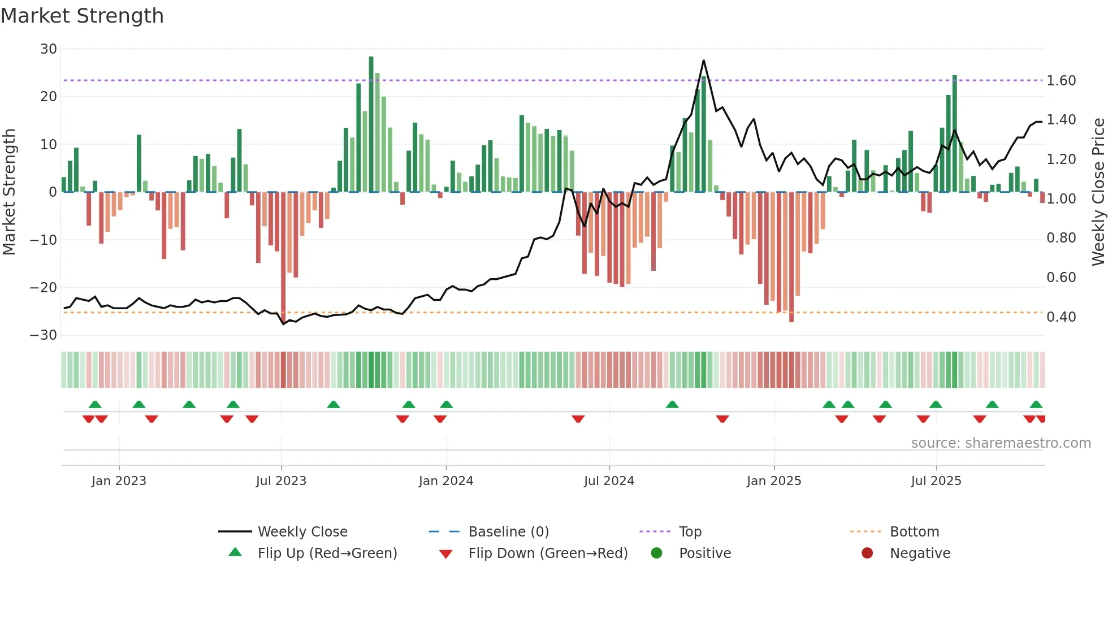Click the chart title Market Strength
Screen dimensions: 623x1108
pos(82,16)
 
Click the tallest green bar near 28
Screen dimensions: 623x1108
pos(371,124)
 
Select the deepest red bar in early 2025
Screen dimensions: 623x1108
pos(791,257)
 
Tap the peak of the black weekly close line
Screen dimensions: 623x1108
pos(703,60)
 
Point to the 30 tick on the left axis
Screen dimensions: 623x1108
pos(49,49)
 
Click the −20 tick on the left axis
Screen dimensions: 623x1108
pos(44,287)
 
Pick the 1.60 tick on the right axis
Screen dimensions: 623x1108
pos(1061,81)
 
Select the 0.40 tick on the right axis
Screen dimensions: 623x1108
pos(1061,317)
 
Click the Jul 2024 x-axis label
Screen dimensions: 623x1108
pos(609,481)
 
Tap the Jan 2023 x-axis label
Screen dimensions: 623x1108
pos(119,481)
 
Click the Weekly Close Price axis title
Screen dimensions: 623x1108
pos(1098,192)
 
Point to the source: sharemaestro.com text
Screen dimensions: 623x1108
pos(1001,443)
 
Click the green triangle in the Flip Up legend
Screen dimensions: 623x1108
pos(235,552)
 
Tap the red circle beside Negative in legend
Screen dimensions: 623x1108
pos(867,553)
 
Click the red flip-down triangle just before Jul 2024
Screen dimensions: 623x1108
pos(578,419)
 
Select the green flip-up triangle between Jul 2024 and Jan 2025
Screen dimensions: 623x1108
pos(672,404)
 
